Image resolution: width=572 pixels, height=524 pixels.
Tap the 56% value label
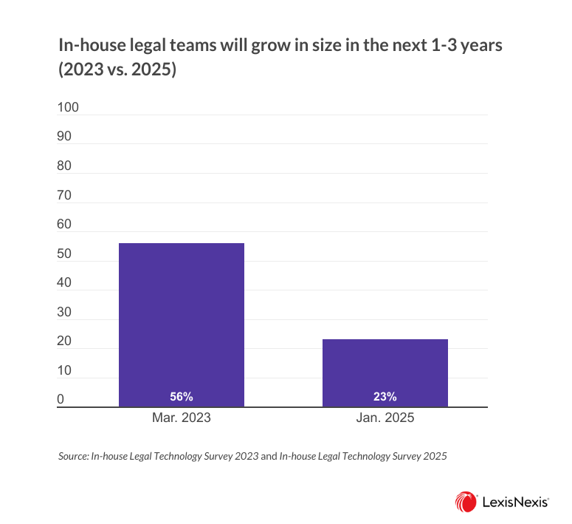click(181, 396)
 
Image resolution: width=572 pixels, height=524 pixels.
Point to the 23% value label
click(385, 396)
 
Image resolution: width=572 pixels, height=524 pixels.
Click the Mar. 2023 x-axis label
click(181, 418)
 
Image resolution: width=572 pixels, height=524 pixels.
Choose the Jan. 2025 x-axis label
click(385, 418)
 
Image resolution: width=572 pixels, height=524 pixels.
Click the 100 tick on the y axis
click(68, 107)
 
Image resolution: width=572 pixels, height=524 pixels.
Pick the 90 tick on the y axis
click(65, 137)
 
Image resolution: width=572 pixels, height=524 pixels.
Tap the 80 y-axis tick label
click(65, 166)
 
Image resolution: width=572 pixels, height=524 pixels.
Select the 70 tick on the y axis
click(65, 195)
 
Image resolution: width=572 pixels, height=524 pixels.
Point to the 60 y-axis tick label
click(65, 224)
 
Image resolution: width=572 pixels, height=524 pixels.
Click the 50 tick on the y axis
click(65, 254)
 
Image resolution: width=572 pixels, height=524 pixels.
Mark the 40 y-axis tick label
click(65, 282)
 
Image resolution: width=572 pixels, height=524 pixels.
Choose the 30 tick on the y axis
click(65, 312)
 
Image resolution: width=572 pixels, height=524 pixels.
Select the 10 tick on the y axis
click(65, 370)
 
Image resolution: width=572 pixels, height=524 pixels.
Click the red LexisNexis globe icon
click(466, 501)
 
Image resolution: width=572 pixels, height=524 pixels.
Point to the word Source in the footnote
click(72, 457)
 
